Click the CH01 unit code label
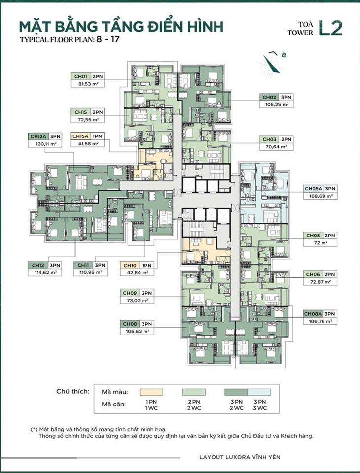[80, 77]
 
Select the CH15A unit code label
[81, 136]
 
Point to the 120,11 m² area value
[45, 144]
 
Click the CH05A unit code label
[313, 188]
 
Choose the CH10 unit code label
[130, 265]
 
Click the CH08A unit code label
[313, 314]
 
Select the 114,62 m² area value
[45, 272]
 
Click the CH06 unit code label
[313, 274]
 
